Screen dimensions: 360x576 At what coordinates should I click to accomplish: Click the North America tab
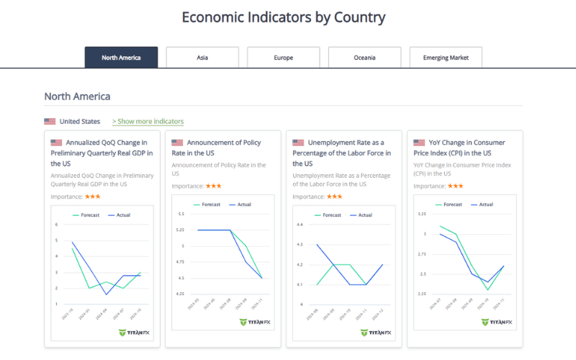(121, 58)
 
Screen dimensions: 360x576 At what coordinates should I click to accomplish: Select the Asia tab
(202, 58)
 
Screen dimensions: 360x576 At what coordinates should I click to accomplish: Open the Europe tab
(284, 58)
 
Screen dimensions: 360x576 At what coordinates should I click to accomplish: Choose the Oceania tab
(365, 58)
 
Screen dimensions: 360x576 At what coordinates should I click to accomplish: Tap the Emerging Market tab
(446, 58)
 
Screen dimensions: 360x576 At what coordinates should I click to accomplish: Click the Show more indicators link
(148, 121)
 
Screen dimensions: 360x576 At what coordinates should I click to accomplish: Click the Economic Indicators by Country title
(284, 17)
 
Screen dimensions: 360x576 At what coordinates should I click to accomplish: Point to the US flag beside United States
(50, 122)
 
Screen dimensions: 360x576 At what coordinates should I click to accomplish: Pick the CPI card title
(458, 148)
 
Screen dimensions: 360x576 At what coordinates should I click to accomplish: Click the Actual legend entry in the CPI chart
(481, 204)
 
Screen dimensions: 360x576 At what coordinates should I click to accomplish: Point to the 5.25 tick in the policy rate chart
(180, 230)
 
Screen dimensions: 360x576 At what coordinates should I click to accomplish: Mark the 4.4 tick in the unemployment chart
(301, 225)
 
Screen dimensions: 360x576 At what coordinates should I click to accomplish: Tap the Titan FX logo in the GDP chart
(134, 333)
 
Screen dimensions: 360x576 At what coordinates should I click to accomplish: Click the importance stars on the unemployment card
(334, 196)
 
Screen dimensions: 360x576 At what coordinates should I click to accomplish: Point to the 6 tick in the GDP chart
(56, 225)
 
